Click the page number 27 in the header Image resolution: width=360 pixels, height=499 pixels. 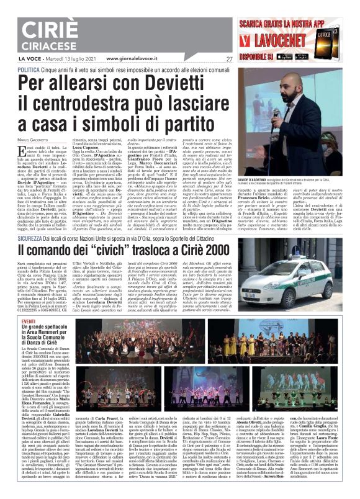click(x=229, y=59)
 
